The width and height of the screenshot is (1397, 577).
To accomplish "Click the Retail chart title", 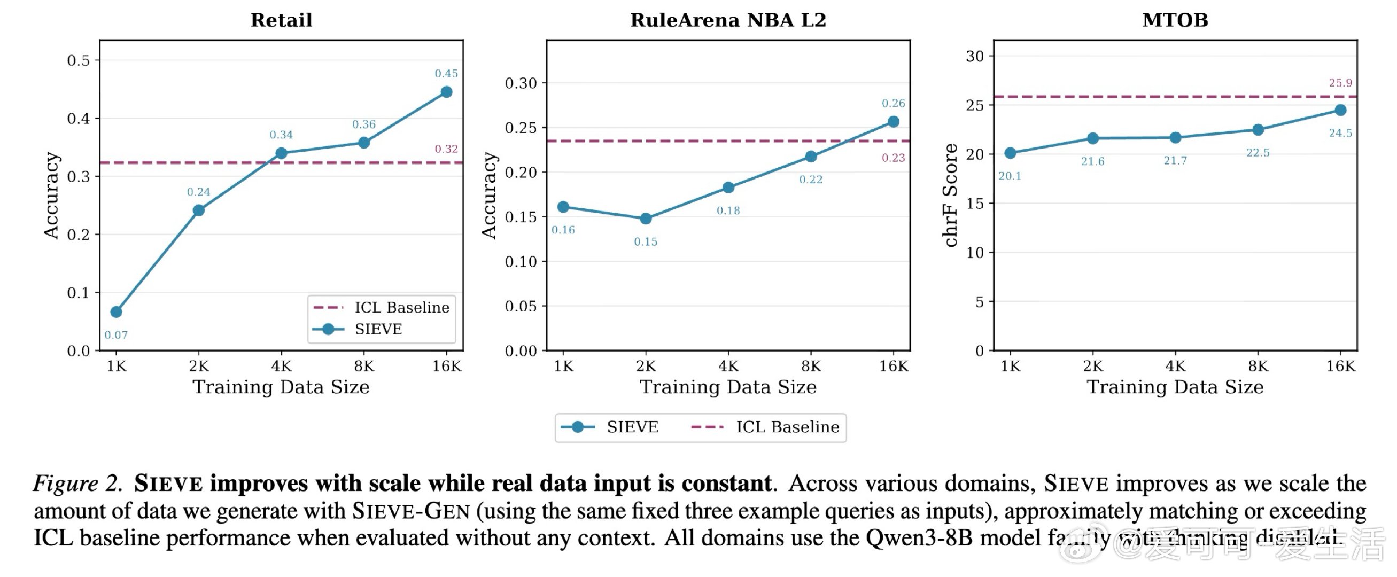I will [281, 20].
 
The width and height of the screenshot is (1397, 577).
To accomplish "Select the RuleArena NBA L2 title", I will [728, 20].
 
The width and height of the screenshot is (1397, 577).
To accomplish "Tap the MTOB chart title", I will [1175, 20].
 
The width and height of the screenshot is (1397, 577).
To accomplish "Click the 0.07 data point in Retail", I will [116, 312].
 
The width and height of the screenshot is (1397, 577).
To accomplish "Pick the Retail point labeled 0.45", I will [446, 92].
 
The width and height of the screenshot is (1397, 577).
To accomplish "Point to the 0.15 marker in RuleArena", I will [646, 219].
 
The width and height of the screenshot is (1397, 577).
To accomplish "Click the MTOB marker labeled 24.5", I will [1340, 110].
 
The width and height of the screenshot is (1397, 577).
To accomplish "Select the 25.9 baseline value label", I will [1340, 83].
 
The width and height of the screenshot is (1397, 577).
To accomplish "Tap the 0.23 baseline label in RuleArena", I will [893, 158].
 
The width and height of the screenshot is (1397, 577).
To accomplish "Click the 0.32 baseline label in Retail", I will [446, 149].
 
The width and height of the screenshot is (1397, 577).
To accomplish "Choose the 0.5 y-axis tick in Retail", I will [79, 60].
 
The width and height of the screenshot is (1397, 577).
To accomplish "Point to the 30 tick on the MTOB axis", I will [975, 57].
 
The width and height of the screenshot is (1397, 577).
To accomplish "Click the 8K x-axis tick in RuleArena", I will [811, 367].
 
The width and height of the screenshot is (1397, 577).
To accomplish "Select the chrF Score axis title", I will [950, 195].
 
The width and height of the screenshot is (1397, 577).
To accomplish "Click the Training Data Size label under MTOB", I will [1175, 387].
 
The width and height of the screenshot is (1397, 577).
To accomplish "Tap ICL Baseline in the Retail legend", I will [402, 308].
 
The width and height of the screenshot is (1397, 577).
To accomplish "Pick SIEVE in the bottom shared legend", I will [632, 427].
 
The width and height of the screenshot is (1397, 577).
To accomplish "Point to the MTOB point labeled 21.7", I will [1175, 138].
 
